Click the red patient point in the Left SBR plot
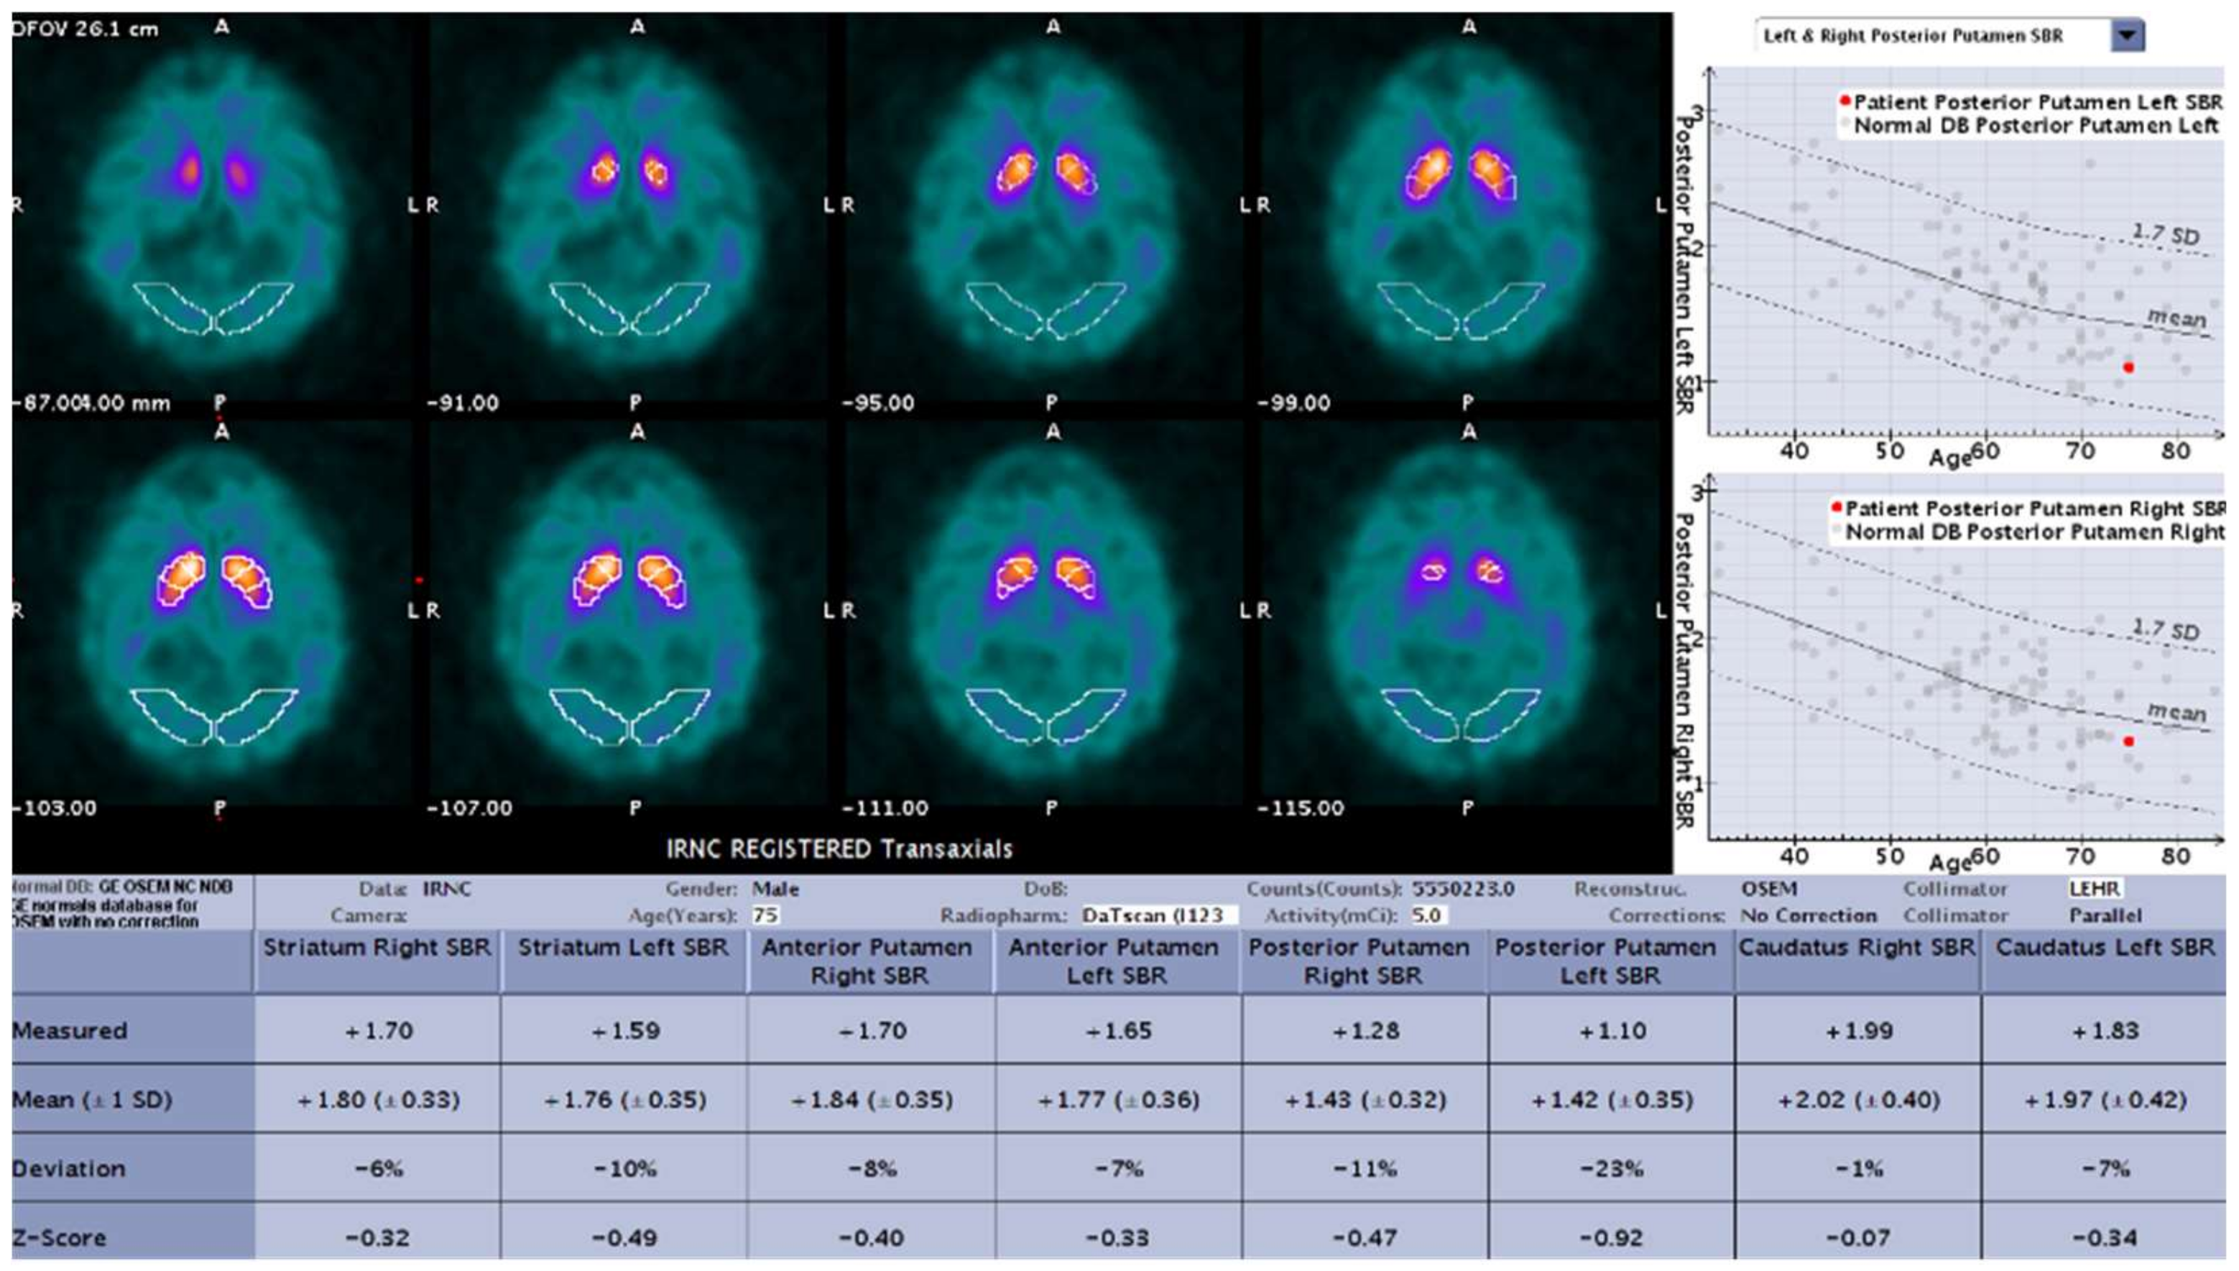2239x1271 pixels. (2128, 368)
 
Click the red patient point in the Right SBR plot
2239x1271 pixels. (2128, 741)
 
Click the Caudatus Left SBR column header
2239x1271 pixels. (2105, 948)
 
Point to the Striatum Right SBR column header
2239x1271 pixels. (377, 948)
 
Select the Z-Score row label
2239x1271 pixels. (60, 1237)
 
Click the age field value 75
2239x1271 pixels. (765, 915)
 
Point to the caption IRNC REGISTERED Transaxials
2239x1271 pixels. (839, 849)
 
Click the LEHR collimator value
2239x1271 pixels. (2094, 889)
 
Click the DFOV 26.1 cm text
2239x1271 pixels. (86, 29)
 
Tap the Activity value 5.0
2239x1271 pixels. (1426, 915)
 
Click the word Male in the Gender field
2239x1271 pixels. (775, 889)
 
